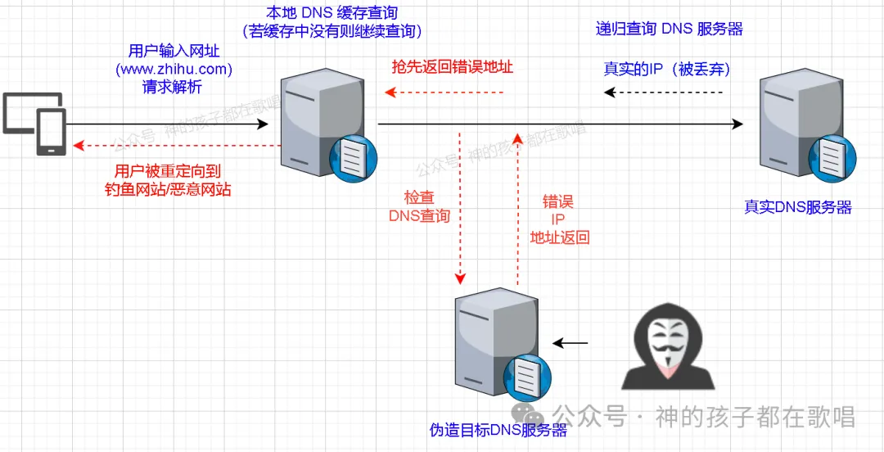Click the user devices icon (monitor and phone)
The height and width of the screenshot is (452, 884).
(x=34, y=123)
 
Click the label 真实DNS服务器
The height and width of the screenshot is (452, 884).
(x=797, y=207)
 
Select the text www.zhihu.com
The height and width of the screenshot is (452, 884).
(x=174, y=69)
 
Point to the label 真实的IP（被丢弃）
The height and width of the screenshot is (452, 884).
(x=666, y=69)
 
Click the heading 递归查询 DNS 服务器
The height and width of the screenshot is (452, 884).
(x=669, y=29)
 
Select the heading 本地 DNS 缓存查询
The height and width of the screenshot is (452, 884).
(x=332, y=14)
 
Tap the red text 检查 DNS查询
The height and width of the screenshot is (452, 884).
(x=419, y=207)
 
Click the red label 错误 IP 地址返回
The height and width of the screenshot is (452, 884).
(x=559, y=219)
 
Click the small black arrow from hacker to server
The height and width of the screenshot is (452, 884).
(x=571, y=343)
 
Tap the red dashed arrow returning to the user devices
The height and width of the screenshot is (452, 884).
(x=176, y=146)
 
